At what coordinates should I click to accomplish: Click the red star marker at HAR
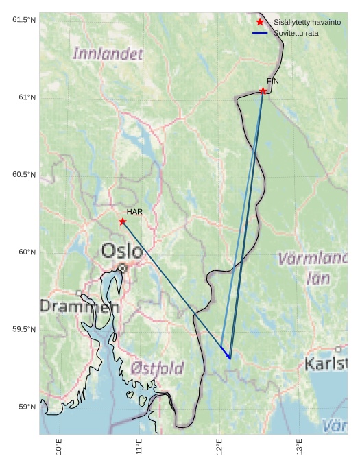(123, 221)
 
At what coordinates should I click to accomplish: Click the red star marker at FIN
(263, 91)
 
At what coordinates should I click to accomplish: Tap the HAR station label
(134, 212)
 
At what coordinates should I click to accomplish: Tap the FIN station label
(273, 81)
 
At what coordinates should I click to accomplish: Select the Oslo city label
(122, 251)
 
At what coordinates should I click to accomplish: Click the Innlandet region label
(108, 53)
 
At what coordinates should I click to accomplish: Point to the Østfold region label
(157, 369)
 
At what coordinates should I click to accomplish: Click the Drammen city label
(79, 307)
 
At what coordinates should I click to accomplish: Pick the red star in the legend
(260, 22)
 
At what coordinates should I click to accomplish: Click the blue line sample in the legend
(260, 33)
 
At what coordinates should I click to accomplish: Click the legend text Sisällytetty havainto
(307, 22)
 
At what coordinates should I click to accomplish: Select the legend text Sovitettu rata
(296, 33)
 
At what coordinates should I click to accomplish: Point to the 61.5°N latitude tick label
(23, 20)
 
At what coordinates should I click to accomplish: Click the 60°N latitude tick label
(26, 252)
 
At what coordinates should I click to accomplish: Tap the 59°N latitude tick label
(26, 407)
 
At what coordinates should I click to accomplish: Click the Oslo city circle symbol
(122, 267)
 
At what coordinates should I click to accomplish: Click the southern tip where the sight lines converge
(230, 359)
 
